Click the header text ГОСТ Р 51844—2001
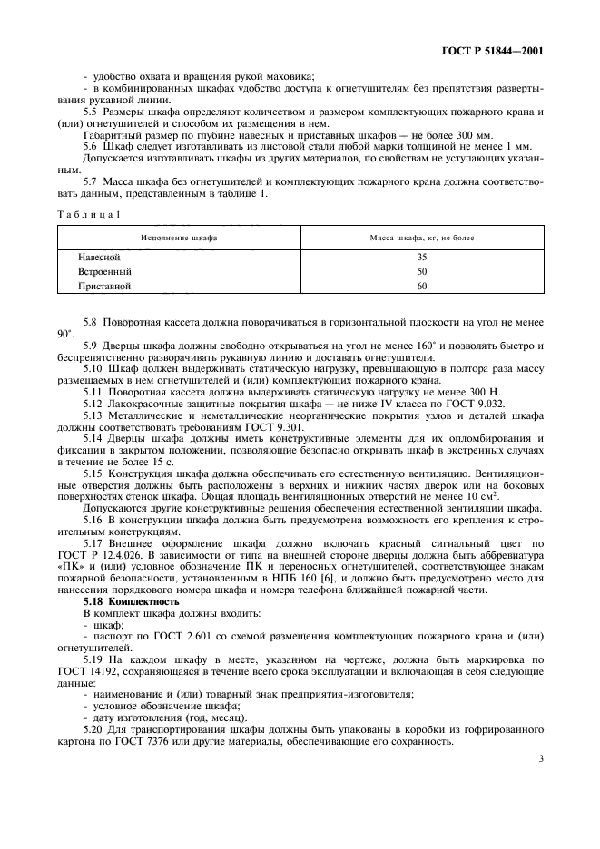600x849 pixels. point(497,52)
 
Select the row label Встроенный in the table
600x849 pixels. point(104,271)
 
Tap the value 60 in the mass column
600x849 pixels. point(421,286)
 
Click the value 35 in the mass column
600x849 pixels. point(421,257)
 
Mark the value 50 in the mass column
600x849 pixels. point(421,271)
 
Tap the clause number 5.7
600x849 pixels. point(91,181)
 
